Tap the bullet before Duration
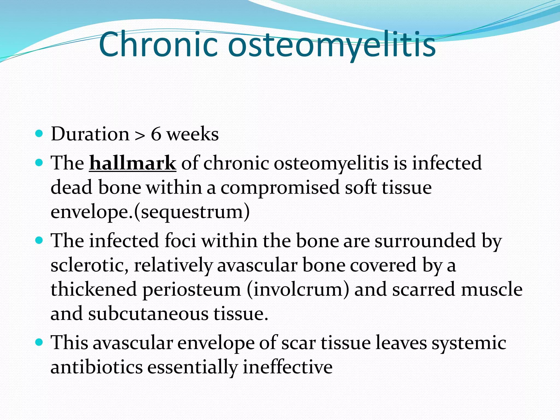point(39,134)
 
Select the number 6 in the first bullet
point(156,134)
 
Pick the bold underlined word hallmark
point(133,163)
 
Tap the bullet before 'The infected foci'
point(39,240)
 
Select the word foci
point(180,241)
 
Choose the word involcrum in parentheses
point(298,290)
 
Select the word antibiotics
point(97,367)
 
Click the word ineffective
point(287,367)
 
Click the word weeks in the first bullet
point(193,134)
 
